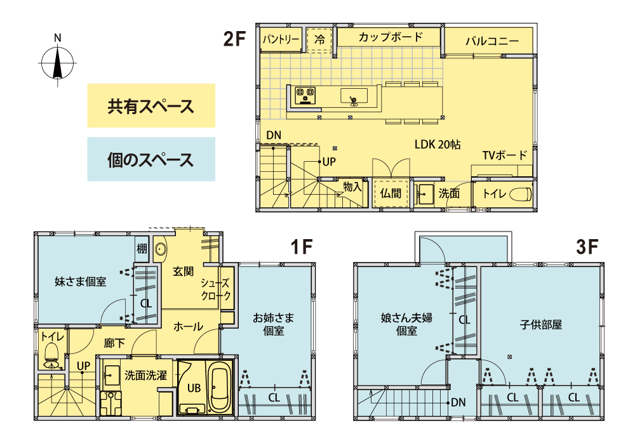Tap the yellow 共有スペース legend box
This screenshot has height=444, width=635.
point(151,106)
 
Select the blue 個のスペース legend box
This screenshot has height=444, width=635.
point(151,159)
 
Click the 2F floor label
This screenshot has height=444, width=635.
point(234,39)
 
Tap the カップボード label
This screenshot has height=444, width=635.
point(390,37)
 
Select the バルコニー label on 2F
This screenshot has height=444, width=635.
point(491,42)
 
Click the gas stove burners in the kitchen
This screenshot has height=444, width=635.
point(305,95)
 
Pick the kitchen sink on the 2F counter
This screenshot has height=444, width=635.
point(354,96)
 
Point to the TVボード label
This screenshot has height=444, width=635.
point(504,155)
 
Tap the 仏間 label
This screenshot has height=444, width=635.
point(391,193)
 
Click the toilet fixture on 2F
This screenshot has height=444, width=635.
point(519,194)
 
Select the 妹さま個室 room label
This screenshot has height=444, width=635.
point(80,280)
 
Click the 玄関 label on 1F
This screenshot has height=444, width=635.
point(184,271)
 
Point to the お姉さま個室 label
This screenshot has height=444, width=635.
point(274,323)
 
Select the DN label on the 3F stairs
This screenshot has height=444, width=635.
point(458,402)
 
